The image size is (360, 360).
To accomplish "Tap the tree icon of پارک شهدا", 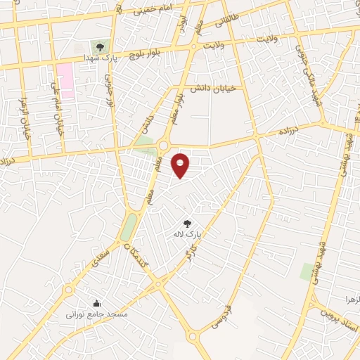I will click(x=102, y=46).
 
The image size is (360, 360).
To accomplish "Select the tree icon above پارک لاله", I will click(x=188, y=222).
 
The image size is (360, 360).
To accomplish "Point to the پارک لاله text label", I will click(x=188, y=232).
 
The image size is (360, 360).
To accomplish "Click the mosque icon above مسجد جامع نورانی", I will click(x=96, y=304).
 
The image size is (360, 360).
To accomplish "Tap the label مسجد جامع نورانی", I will click(x=97, y=314).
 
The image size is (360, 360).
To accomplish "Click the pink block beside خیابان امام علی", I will click(x=65, y=80).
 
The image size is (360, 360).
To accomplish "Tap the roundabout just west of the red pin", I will click(x=163, y=146).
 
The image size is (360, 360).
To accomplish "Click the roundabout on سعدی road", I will click(x=69, y=290).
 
